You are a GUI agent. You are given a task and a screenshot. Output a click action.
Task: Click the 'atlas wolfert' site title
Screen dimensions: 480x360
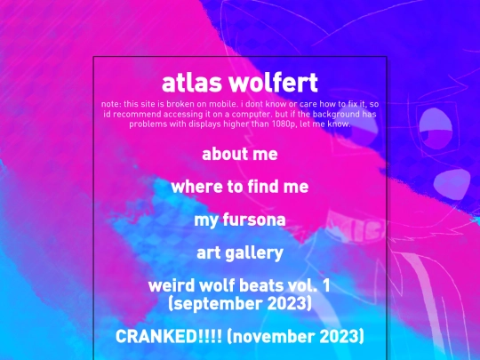240,83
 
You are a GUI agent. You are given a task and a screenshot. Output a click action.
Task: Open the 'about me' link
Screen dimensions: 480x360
240,154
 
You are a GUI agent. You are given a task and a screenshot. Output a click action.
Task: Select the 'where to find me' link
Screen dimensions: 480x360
240,187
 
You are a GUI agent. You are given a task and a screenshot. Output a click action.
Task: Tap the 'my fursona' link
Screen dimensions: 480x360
240,220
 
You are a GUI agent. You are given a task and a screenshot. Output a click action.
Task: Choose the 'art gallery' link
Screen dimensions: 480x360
240,252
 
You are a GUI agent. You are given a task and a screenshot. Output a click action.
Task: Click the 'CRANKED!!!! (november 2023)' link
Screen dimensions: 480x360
240,336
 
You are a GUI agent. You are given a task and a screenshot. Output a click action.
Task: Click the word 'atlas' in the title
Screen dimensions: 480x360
192,83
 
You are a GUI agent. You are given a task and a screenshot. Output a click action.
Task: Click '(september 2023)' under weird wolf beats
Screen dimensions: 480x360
240,304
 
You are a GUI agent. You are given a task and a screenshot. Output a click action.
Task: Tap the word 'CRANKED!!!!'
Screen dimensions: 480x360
169,336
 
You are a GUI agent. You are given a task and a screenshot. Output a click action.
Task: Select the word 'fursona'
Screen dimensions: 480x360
254,220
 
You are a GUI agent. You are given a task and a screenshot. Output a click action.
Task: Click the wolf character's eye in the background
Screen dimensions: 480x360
436,129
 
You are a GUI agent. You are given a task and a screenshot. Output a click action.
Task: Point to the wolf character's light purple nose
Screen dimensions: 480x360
452,184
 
